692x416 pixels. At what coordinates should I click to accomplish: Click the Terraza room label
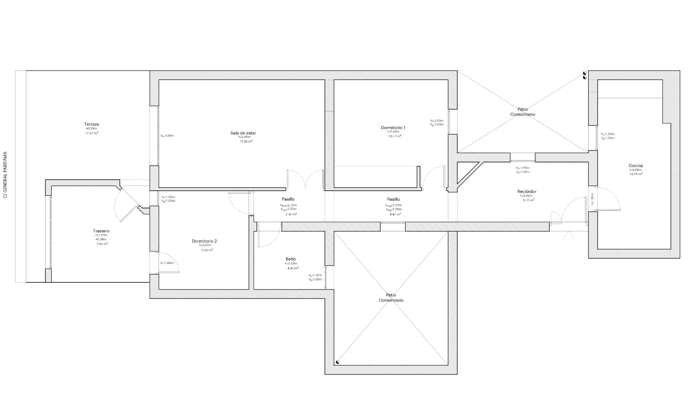[92, 124]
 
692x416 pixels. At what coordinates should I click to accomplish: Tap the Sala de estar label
[243, 133]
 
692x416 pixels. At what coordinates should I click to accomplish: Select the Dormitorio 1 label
[393, 128]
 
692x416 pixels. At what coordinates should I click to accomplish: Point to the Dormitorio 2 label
[204, 241]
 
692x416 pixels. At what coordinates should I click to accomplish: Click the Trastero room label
[101, 231]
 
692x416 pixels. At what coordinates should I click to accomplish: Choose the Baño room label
[291, 259]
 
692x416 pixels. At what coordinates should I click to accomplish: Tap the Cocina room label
[636, 165]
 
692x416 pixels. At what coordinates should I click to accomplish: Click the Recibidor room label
[527, 191]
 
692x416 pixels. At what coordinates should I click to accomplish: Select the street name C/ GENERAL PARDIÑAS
[5, 175]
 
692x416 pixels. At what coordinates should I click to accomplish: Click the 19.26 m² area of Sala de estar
[246, 141]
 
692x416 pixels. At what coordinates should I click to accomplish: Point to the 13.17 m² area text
[395, 136]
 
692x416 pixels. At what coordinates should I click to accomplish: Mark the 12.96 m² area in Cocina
[636, 174]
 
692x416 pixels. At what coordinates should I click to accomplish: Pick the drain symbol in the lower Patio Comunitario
[338, 362]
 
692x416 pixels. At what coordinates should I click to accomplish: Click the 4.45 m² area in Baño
[293, 268]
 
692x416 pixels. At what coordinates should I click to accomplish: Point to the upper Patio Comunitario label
[522, 111]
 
